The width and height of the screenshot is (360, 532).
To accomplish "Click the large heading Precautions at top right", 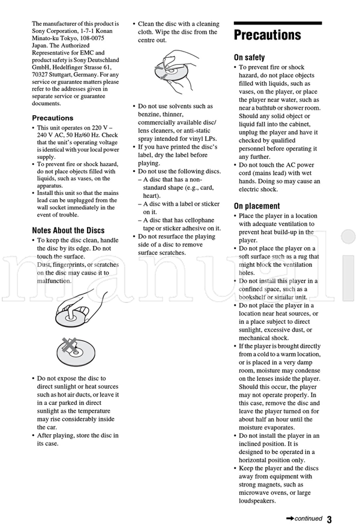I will click(267, 35).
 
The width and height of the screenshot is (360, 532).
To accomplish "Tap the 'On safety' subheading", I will click(249, 58).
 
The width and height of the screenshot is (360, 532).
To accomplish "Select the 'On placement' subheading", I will click(257, 206).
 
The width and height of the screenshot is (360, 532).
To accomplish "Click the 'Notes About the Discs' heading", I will click(68, 230).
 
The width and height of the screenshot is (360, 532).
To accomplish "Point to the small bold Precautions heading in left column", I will click(52, 118).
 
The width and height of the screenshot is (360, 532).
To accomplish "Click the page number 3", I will click(329, 519).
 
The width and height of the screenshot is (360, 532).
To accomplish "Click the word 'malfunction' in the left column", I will click(54, 280).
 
